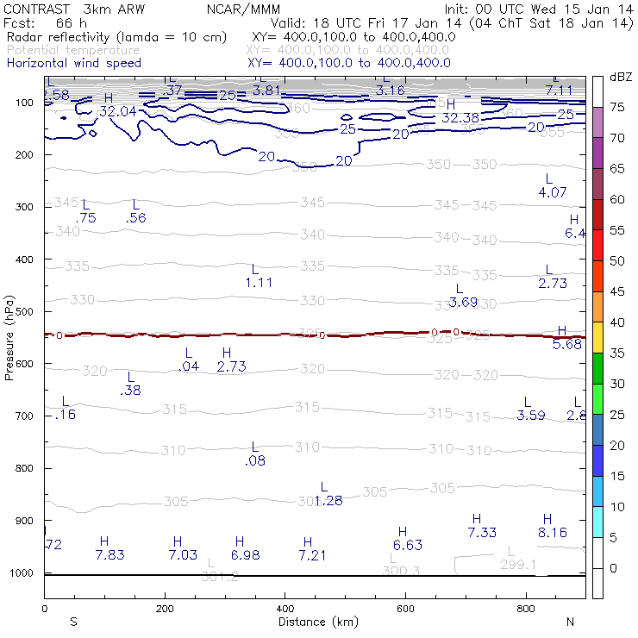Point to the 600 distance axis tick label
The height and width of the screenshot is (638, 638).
405,608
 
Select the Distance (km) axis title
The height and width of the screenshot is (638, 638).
314,622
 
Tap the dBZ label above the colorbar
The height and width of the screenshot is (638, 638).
620,77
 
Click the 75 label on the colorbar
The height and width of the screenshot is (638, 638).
617,107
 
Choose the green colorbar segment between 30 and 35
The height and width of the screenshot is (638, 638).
597,368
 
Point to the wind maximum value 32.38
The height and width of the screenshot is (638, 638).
460,117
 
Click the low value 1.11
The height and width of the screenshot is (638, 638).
259,282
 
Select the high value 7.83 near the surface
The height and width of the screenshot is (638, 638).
110,554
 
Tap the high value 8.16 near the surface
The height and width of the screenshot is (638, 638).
553,533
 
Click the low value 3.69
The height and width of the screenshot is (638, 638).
463,302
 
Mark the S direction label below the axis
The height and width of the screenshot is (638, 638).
73,621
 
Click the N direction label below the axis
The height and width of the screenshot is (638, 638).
570,621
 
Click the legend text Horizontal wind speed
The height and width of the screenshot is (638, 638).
74,63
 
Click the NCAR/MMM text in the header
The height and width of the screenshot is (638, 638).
243,8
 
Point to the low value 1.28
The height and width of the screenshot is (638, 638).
328,500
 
